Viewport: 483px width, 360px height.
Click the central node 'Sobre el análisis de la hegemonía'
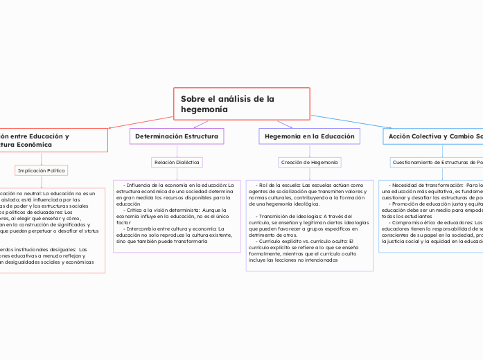point(240,104)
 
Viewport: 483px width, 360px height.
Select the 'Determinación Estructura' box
point(177,136)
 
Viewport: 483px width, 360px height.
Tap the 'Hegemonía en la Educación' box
point(308,136)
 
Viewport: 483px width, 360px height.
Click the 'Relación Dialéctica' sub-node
point(177,162)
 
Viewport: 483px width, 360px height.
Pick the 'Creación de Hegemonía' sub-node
point(308,162)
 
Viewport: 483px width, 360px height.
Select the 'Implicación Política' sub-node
point(42,170)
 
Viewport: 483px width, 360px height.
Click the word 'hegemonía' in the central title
point(204,110)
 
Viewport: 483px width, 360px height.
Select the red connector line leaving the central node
point(139,123)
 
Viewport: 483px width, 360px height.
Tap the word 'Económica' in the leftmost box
point(49,145)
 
